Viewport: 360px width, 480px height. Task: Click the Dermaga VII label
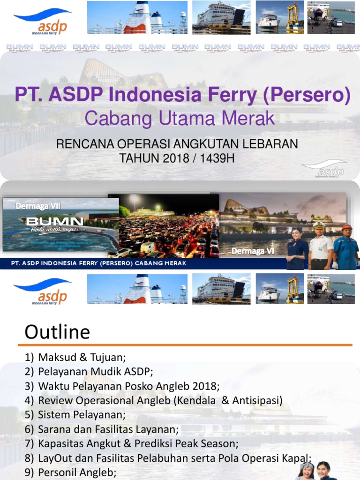[38, 206]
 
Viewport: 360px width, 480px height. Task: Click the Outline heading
[57, 332]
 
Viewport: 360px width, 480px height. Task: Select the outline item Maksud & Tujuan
[82, 358]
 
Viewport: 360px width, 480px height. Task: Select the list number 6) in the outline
[30, 429]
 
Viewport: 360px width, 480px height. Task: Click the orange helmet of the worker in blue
[347, 228]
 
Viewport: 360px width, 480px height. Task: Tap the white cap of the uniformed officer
[319, 224]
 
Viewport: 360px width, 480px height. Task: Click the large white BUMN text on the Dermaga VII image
[55, 222]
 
